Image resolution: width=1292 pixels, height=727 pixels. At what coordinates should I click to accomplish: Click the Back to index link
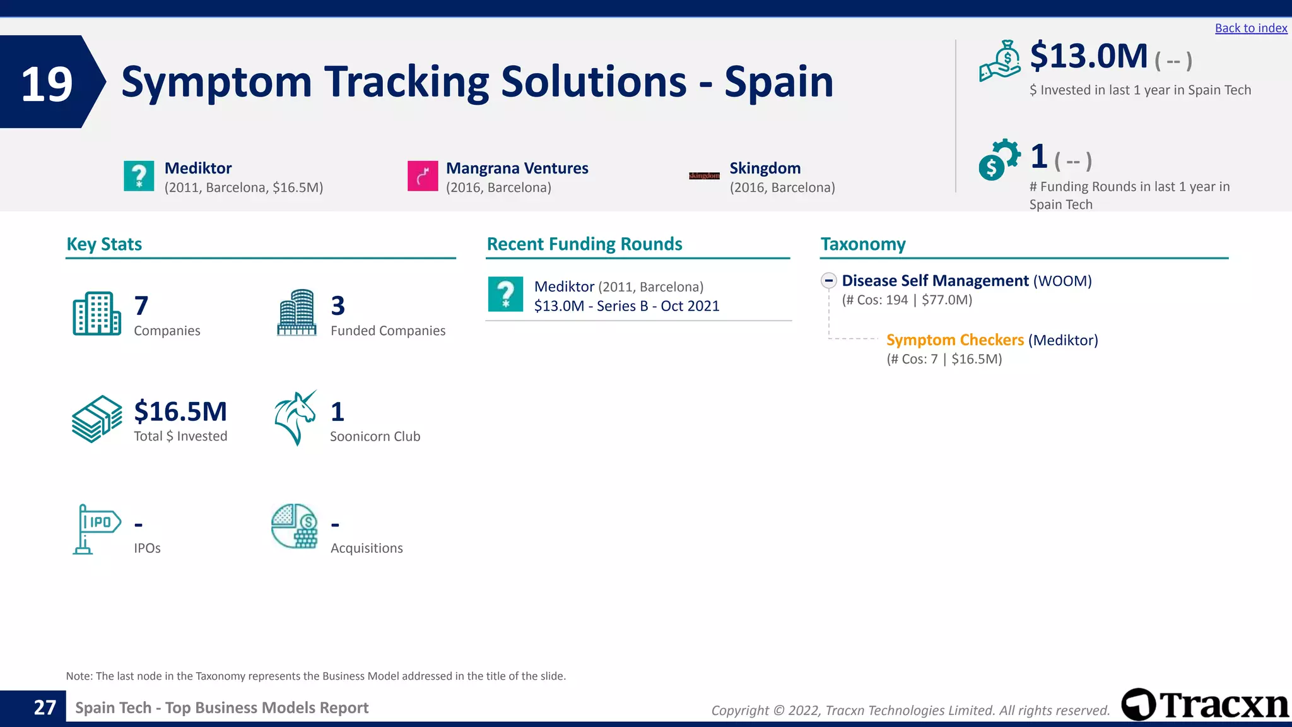1250,28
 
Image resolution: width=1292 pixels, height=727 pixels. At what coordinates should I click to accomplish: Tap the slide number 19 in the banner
47,83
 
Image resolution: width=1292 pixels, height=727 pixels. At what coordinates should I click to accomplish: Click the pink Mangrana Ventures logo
423,176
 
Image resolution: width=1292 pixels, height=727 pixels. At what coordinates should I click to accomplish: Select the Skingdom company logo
704,176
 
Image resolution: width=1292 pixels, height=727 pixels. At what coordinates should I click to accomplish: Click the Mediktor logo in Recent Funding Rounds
505,295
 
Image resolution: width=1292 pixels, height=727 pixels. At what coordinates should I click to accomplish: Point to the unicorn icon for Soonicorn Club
295,418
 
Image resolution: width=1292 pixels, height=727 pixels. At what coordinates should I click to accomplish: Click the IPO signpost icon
97,529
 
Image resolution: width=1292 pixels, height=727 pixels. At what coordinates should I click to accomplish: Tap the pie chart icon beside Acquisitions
295,526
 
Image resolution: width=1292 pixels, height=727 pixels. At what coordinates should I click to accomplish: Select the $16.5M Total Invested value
180,411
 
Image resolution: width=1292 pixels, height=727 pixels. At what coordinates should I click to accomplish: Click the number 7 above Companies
141,306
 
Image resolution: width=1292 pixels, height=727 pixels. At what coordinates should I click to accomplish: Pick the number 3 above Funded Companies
338,306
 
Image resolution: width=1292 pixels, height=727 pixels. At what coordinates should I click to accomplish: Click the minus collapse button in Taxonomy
829,280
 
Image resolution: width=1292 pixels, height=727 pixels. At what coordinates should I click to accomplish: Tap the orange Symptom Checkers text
954,340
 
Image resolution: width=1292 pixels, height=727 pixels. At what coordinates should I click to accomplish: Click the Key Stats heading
104,244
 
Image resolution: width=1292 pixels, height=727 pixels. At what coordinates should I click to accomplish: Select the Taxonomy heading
863,244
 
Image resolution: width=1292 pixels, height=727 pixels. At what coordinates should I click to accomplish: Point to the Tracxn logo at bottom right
1205,705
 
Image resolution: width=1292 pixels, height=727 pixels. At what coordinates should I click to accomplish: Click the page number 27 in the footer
45,707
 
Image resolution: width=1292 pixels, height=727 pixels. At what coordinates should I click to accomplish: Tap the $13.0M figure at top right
1088,56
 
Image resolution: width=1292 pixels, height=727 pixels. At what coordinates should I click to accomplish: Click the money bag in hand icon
1000,61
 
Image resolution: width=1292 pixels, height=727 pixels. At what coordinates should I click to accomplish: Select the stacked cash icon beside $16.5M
97,419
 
